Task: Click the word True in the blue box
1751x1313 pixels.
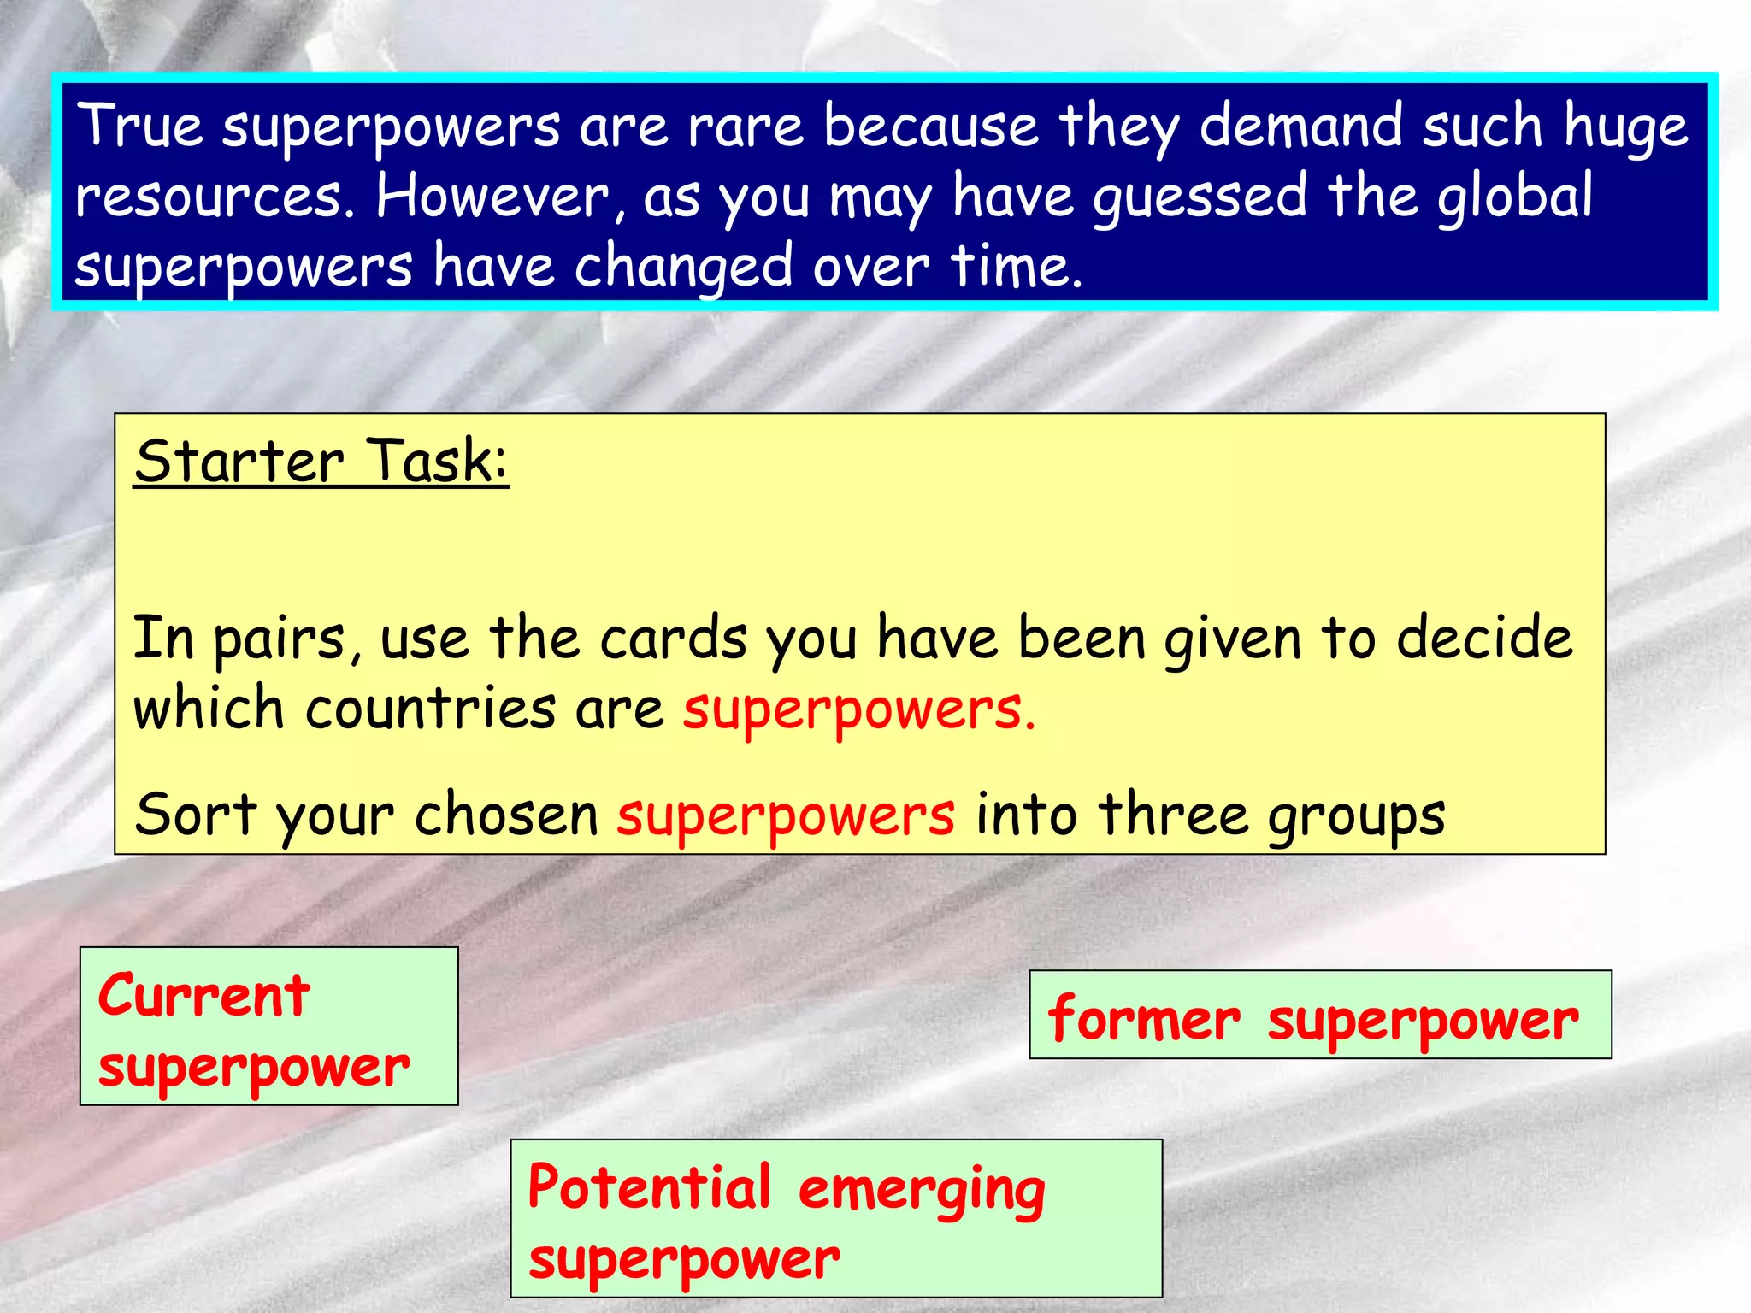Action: point(139,127)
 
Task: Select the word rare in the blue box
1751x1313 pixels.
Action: point(746,127)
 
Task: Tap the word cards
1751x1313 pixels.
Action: point(673,639)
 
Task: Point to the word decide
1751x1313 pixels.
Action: point(1484,639)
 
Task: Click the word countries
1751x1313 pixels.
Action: point(430,709)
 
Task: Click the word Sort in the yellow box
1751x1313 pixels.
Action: point(195,814)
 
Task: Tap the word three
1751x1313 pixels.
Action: point(1173,814)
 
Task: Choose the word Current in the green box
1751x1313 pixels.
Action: point(203,996)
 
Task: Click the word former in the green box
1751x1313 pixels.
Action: point(1143,1019)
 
